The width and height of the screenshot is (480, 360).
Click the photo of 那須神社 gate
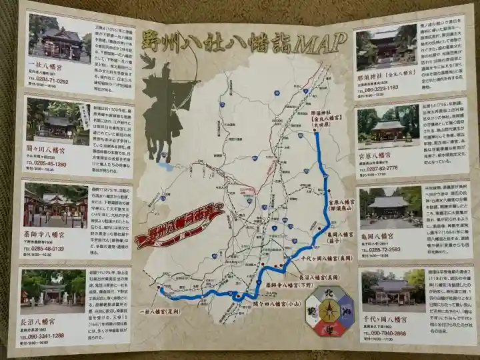click(385, 51)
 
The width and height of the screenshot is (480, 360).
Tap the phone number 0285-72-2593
click(384, 250)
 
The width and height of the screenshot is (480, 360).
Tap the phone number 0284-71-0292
click(48, 81)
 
